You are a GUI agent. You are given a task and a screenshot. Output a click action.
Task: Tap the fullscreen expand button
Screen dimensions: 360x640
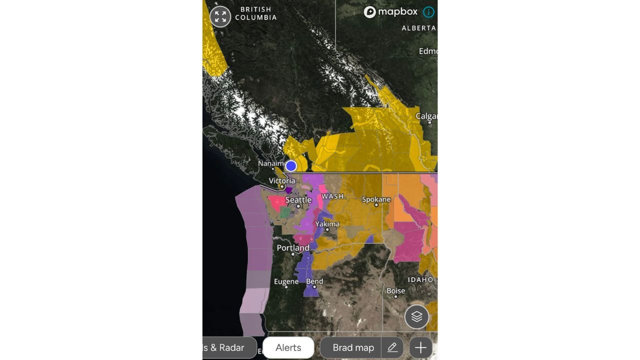pos(220,16)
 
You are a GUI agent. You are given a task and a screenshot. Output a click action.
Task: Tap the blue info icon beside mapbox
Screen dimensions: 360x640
pos(428,12)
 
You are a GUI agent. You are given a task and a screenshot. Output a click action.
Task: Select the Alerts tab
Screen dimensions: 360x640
pos(288,347)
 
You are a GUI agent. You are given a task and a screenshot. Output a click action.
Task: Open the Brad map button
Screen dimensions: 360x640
pos(352,347)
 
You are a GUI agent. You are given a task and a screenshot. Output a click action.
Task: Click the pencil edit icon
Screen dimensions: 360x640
pos(392,347)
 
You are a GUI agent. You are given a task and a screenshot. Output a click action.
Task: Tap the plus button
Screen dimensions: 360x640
pos(420,347)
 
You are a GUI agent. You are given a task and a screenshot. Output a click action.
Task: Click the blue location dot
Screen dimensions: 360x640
pos(291,165)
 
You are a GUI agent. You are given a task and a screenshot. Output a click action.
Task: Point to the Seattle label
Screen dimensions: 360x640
pos(298,200)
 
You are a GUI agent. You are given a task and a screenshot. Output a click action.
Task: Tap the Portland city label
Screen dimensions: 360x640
pos(293,248)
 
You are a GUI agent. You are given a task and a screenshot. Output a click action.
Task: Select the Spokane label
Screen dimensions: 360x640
pos(376,199)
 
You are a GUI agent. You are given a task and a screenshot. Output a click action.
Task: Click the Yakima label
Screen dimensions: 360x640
pos(327,224)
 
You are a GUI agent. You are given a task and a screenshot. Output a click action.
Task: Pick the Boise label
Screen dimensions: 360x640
pos(395,290)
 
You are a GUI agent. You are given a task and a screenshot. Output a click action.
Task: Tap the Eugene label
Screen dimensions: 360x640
pos(286,282)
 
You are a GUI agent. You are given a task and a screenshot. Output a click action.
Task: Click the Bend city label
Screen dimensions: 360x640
pos(314,281)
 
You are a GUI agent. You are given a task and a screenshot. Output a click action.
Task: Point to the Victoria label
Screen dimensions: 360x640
pos(282,181)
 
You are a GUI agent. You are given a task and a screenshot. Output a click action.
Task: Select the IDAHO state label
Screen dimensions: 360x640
pos(420,279)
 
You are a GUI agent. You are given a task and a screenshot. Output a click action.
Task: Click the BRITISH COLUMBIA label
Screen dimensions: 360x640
pos(255,13)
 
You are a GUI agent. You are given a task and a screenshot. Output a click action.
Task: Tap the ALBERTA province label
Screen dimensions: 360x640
pos(418,28)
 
